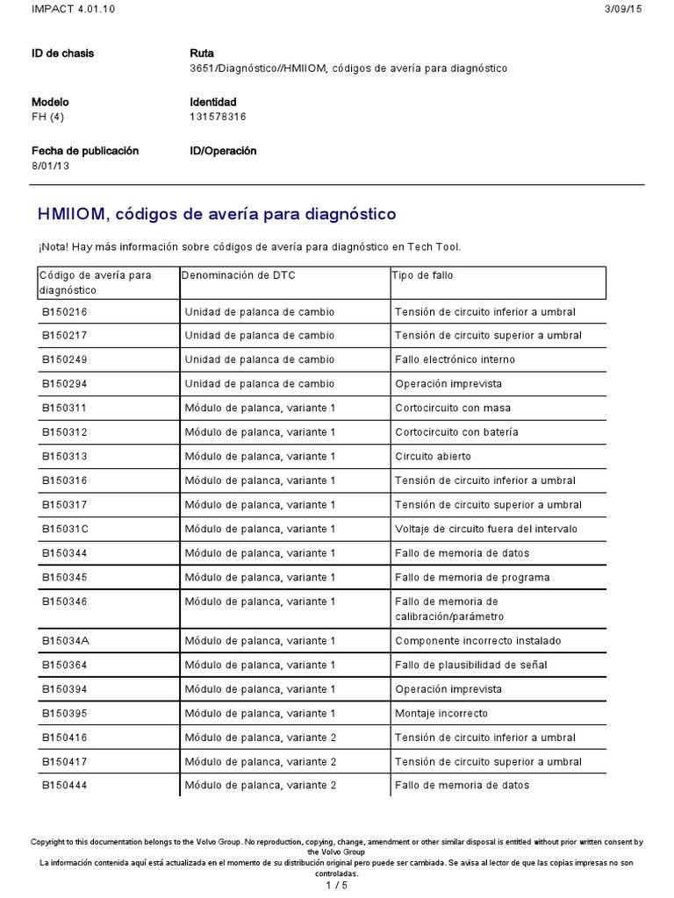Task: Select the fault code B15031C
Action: (x=65, y=530)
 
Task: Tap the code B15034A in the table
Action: (x=65, y=641)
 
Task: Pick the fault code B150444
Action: (x=64, y=786)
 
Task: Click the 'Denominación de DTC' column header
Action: (x=239, y=276)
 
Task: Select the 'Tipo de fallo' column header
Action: (x=422, y=276)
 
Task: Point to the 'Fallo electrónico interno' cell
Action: (x=455, y=360)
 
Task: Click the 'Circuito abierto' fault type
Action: (x=433, y=457)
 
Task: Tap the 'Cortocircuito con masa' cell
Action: (x=453, y=409)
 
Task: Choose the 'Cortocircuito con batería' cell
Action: (x=456, y=432)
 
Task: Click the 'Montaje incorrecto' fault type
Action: (x=441, y=714)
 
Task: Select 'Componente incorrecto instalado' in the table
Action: (x=477, y=641)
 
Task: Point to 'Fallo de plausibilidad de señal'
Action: (x=470, y=666)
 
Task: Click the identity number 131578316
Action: (x=218, y=117)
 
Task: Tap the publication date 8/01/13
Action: (x=50, y=166)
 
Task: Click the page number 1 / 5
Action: (x=337, y=885)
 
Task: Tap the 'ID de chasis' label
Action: (x=62, y=53)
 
